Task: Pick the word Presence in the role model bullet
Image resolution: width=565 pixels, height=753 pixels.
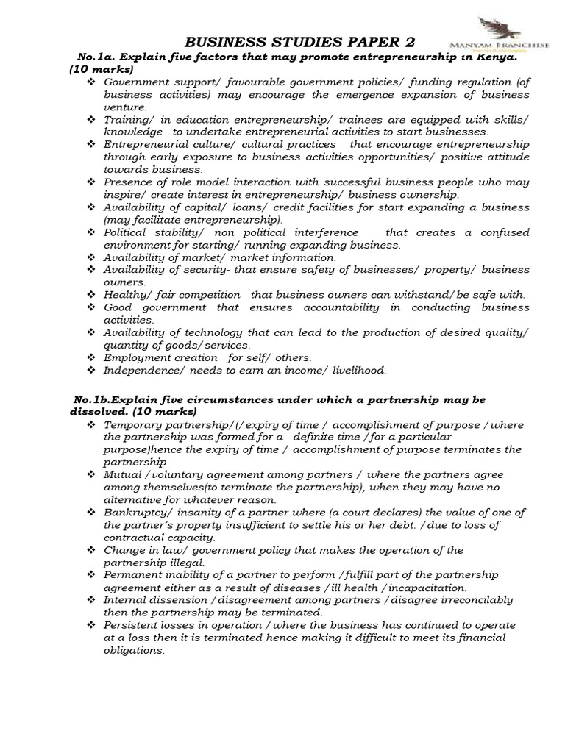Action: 129,182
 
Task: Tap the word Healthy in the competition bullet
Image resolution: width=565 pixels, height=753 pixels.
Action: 125,294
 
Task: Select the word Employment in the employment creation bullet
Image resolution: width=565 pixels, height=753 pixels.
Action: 136,357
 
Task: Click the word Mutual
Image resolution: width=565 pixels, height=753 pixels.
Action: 121,475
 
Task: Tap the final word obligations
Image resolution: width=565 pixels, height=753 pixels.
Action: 134,650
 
